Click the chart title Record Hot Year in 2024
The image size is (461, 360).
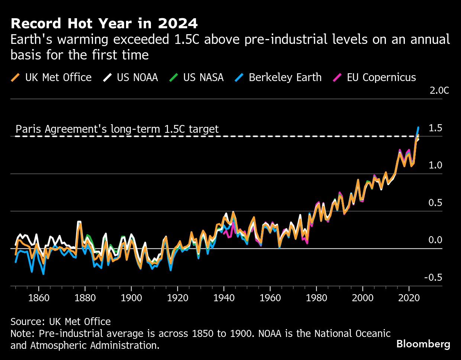pos(104,23)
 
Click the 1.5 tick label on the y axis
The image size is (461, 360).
pos(435,128)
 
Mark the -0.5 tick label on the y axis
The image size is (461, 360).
pos(433,277)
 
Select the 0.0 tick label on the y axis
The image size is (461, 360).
pos(435,240)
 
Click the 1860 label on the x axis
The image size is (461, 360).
pos(39,298)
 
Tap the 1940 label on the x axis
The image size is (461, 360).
pos(224,298)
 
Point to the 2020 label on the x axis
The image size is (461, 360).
pos(409,298)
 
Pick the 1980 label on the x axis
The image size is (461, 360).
pos(316,298)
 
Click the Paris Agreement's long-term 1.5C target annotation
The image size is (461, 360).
pos(117,129)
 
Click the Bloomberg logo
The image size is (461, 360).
pos(423,344)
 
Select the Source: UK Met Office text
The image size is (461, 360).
pos(61,321)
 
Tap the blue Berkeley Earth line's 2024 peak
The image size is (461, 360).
pos(418,128)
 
